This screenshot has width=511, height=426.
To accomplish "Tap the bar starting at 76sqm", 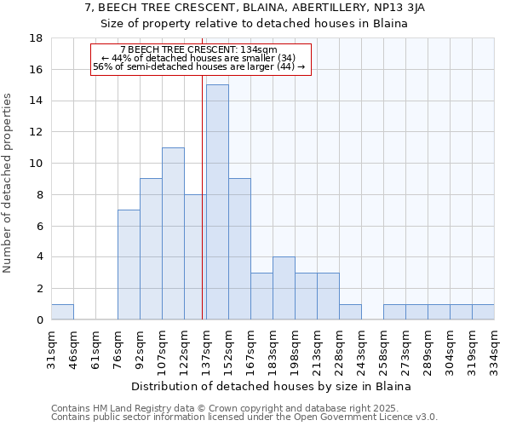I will [129, 265].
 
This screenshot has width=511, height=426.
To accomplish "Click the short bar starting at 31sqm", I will [62, 312].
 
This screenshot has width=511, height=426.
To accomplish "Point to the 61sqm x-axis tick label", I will [95, 348].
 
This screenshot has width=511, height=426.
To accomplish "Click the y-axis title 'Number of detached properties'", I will [9, 196].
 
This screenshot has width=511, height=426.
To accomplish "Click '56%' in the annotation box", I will [102, 66].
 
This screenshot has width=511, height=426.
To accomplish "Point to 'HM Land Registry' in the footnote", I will [123, 408].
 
